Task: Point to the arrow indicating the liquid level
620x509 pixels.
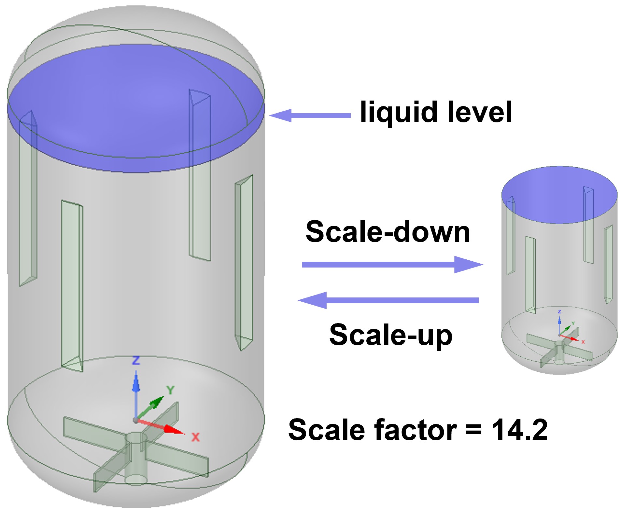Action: point(310,116)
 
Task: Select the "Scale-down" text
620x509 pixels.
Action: point(388,232)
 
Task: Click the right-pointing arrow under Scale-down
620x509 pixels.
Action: point(392,264)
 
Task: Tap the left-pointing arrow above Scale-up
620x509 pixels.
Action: point(388,300)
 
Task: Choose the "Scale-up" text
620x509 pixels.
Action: point(391,335)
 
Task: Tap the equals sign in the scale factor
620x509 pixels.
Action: point(474,431)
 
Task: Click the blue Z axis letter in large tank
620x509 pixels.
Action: point(136,360)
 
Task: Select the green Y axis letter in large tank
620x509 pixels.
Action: point(170,390)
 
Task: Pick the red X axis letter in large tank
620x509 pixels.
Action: point(195,437)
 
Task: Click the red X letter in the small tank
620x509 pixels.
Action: point(583,342)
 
